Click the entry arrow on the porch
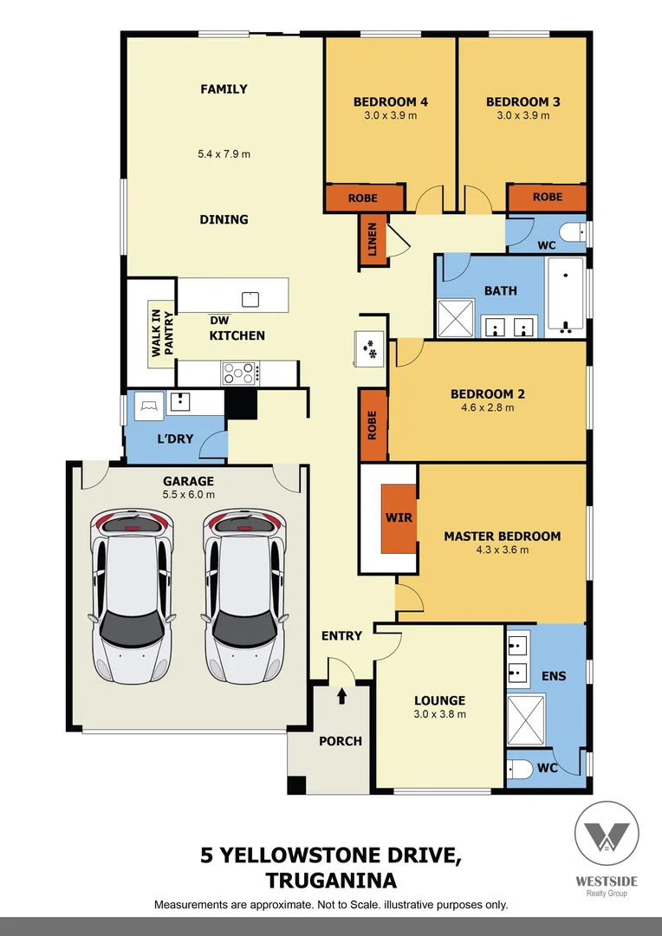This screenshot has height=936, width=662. click(341, 695)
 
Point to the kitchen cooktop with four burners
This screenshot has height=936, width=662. click(240, 373)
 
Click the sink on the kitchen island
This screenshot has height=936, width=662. click(250, 299)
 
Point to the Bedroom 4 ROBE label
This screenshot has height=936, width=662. click(363, 198)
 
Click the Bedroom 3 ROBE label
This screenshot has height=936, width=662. click(547, 197)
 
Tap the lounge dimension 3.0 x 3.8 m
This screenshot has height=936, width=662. click(439, 714)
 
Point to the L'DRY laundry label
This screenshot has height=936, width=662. click(175, 439)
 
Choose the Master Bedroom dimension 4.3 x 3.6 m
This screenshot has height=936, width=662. click(502, 549)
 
